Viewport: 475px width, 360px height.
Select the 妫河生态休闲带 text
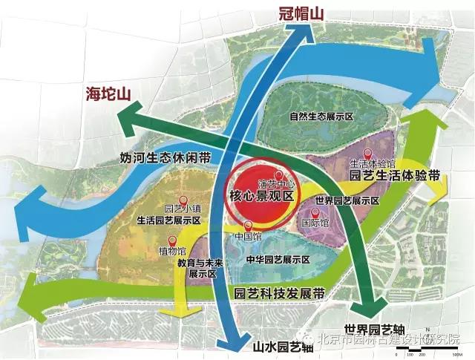point(166,158)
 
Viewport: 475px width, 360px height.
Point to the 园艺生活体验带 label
point(395,177)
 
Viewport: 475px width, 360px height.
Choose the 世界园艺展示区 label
point(347,201)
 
